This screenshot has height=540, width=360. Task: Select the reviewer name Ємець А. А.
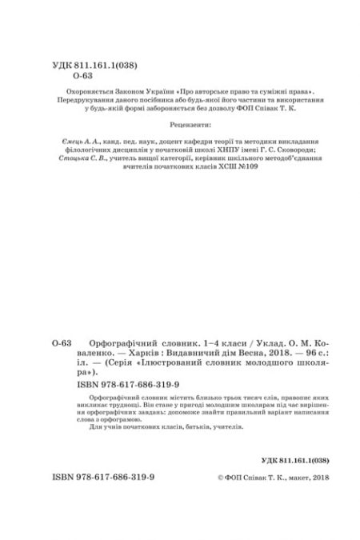click(81, 141)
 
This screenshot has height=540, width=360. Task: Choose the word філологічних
click(86, 150)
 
